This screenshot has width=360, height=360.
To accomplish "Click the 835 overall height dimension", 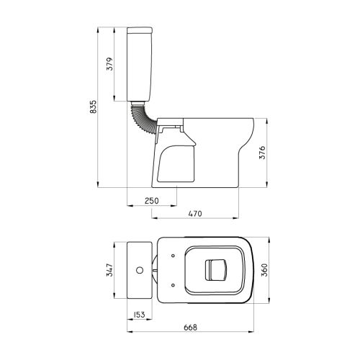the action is tap(93, 107).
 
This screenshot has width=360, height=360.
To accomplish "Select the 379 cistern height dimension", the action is tap(109, 64).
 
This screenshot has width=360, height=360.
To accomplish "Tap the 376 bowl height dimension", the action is tap(262, 153).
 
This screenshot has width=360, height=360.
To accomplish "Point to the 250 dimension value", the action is tap(152, 201).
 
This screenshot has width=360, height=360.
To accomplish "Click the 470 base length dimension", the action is tap(195, 213).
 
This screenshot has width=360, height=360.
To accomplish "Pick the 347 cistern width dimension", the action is tap(109, 270).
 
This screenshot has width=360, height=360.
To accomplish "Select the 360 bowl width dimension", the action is tap(264, 270).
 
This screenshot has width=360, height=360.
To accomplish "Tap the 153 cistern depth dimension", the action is tap(138, 315).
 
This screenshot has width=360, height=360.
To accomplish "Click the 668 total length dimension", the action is tap(190, 328).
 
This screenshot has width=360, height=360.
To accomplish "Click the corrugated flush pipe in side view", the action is tap(142, 117).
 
